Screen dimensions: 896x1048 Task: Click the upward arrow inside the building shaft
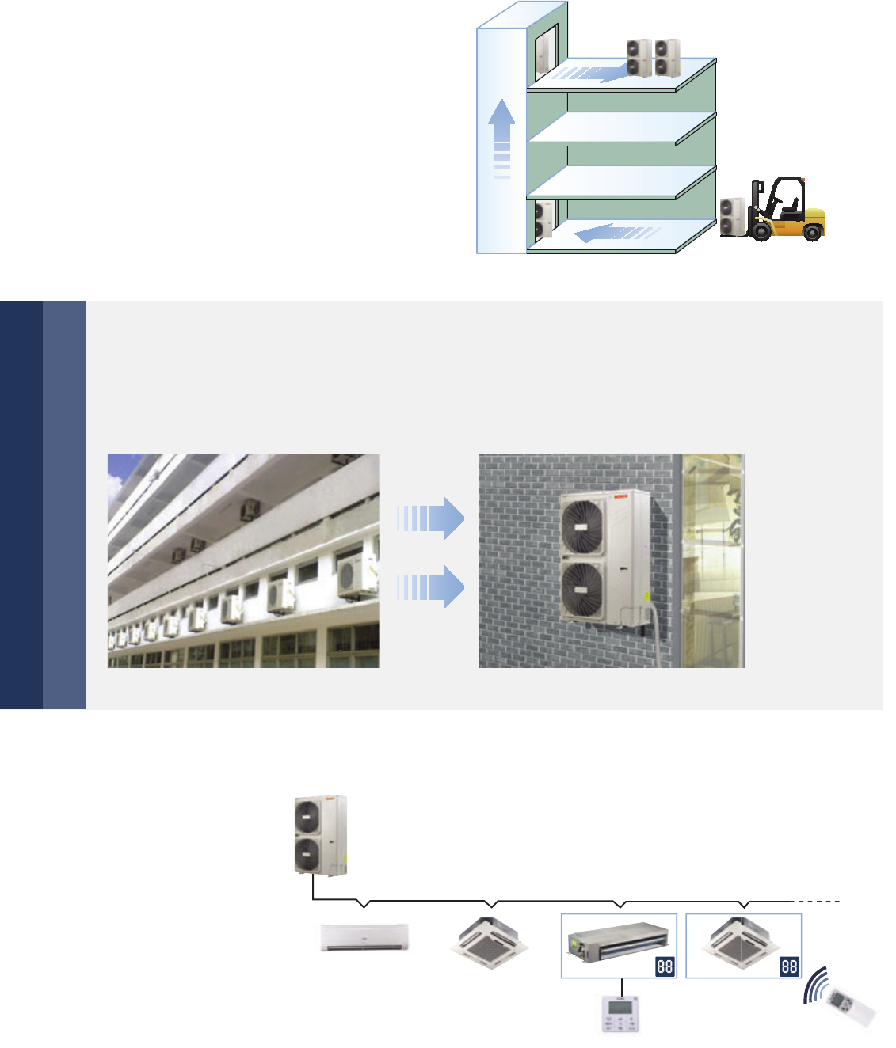pyautogui.click(x=501, y=135)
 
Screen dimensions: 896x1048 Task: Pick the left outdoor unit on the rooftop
pyautogui.click(x=639, y=58)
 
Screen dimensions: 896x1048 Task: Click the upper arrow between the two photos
pyautogui.click(x=431, y=518)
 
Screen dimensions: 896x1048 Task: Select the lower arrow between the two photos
pyautogui.click(x=431, y=587)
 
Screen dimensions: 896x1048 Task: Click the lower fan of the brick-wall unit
pyautogui.click(x=582, y=589)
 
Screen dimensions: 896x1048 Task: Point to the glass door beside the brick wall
pyautogui.click(x=713, y=560)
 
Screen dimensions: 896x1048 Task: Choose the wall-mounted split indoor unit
pyautogui.click(x=364, y=937)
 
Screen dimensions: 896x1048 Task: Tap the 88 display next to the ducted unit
pyautogui.click(x=665, y=966)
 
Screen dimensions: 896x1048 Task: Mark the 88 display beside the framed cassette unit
pyautogui.click(x=789, y=966)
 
